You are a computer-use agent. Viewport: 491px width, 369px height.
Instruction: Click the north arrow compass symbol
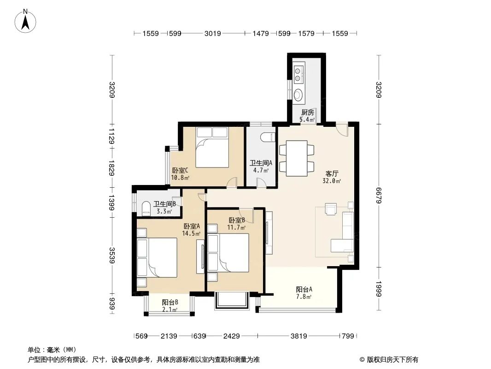pos(25,21)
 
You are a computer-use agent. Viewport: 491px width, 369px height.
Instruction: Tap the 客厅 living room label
pos(332,173)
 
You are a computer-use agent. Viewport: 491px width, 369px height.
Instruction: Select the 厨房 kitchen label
pos(308,112)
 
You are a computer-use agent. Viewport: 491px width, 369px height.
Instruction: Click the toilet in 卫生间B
pos(146,208)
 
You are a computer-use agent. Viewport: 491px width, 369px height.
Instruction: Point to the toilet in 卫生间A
pos(268,137)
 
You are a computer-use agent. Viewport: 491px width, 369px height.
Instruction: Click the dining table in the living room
pos(297,158)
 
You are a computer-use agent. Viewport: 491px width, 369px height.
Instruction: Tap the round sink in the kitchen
pos(298,95)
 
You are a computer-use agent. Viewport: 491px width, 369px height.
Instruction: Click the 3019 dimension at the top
pos(213,33)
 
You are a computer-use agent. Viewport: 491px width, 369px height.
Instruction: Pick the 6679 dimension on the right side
pos(379,195)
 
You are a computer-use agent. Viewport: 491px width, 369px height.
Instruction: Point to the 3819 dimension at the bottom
pos(299,336)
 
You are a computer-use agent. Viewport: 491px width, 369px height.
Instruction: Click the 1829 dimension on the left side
pos(112,168)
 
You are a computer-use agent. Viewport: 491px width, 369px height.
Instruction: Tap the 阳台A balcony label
pos(304,289)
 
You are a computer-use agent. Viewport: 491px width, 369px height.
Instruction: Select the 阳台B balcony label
pos(170,302)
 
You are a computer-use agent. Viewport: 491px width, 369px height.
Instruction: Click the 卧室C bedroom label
pos(180,171)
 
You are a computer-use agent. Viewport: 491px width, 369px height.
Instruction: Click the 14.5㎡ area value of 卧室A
pos(191,233)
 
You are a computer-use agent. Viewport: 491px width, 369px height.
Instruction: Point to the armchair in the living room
pos(331,209)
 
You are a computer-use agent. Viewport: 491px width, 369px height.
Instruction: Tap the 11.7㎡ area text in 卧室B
pos(236,227)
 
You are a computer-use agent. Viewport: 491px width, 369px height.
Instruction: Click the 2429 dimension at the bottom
pos(231,336)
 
